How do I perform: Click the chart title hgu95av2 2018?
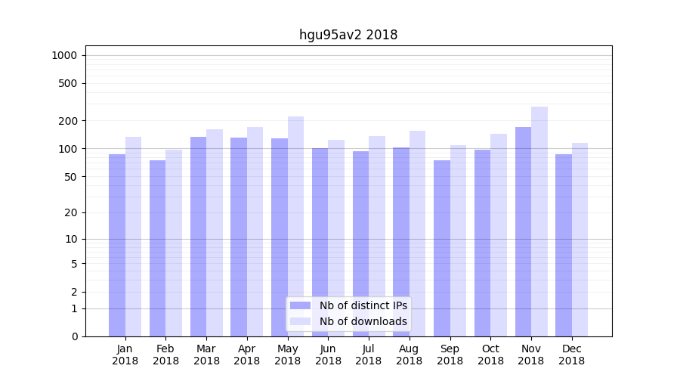[348, 35]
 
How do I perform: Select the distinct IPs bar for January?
[117, 245]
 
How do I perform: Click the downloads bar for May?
[295, 226]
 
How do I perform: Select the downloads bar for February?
[174, 243]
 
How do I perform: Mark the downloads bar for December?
[580, 240]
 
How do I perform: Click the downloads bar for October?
[499, 235]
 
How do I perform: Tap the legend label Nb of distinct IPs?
[363, 305]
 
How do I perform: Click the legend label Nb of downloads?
[363, 321]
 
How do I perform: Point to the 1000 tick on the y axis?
[64, 55]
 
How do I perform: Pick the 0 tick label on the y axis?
[75, 336]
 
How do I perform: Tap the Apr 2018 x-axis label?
[247, 355]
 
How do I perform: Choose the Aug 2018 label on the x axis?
[410, 355]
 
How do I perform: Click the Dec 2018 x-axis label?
[572, 355]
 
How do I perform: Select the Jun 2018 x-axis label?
[328, 355]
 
